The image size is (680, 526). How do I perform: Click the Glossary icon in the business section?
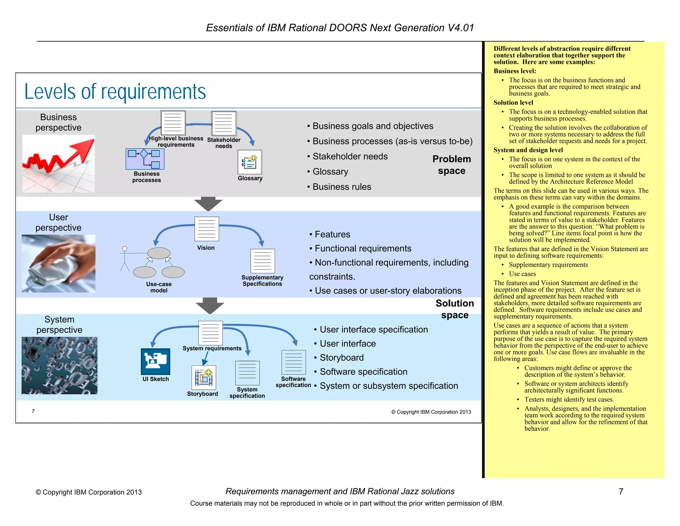[250, 162]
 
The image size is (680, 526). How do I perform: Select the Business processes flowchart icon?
[145, 159]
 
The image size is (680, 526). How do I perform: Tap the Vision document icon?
[207, 229]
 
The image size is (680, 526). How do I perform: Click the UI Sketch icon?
[155, 361]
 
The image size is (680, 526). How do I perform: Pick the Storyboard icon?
[204, 377]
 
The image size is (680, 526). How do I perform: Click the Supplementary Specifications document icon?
[263, 261]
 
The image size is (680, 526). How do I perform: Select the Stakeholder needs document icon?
[224, 123]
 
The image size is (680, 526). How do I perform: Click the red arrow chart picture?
[58, 163]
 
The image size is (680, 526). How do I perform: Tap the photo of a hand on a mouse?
[58, 263]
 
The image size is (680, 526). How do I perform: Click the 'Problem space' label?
[452, 165]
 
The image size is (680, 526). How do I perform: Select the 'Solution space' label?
[455, 309]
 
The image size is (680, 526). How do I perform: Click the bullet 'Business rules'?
[342, 187]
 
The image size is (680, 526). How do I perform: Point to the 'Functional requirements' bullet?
[363, 248]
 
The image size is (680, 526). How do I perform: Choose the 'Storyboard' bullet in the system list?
[341, 357]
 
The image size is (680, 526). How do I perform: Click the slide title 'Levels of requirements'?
[115, 91]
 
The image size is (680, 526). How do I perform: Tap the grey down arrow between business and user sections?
[208, 204]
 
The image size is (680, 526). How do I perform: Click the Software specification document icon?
[294, 362]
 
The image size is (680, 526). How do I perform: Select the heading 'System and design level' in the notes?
[528, 150]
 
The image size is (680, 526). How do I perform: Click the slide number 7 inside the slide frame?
[33, 411]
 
